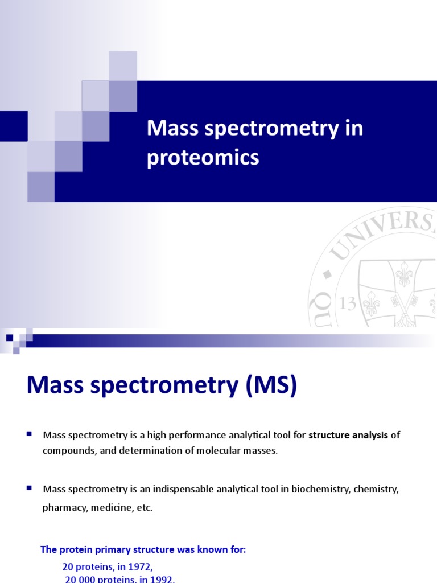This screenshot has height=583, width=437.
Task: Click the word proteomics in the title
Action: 203,158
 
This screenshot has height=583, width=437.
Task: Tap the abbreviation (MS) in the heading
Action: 272,387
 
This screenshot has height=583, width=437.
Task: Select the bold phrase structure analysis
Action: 348,436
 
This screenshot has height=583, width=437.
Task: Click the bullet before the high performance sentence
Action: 29,434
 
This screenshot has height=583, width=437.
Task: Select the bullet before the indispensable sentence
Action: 29,488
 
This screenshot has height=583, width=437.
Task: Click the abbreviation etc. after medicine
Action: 144,508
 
